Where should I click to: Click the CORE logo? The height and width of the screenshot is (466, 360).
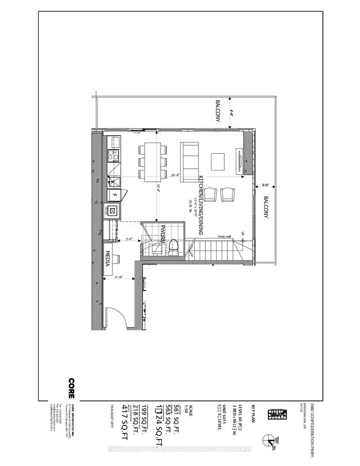[x=71, y=388]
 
